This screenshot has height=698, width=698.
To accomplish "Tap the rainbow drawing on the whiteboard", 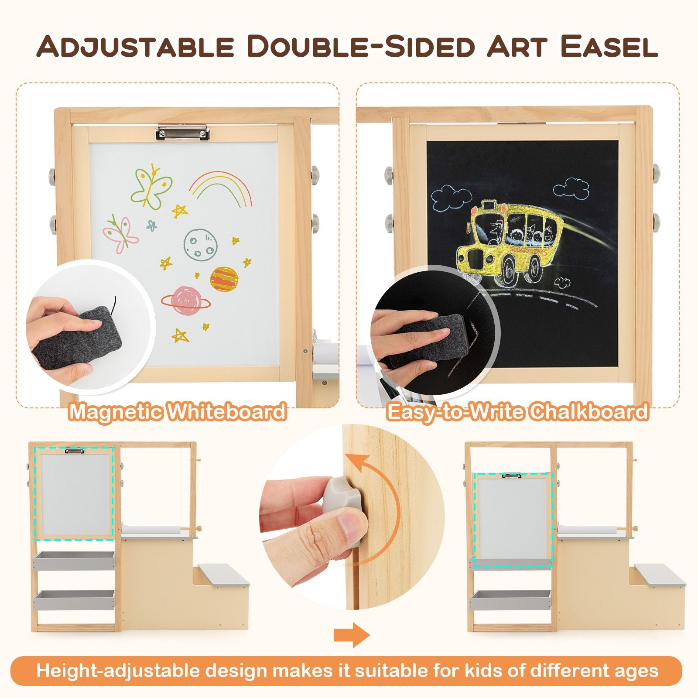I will coord(221,188).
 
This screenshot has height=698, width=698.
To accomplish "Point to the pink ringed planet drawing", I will coord(186,300).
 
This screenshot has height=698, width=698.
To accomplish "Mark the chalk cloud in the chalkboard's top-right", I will coord(572,188).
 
